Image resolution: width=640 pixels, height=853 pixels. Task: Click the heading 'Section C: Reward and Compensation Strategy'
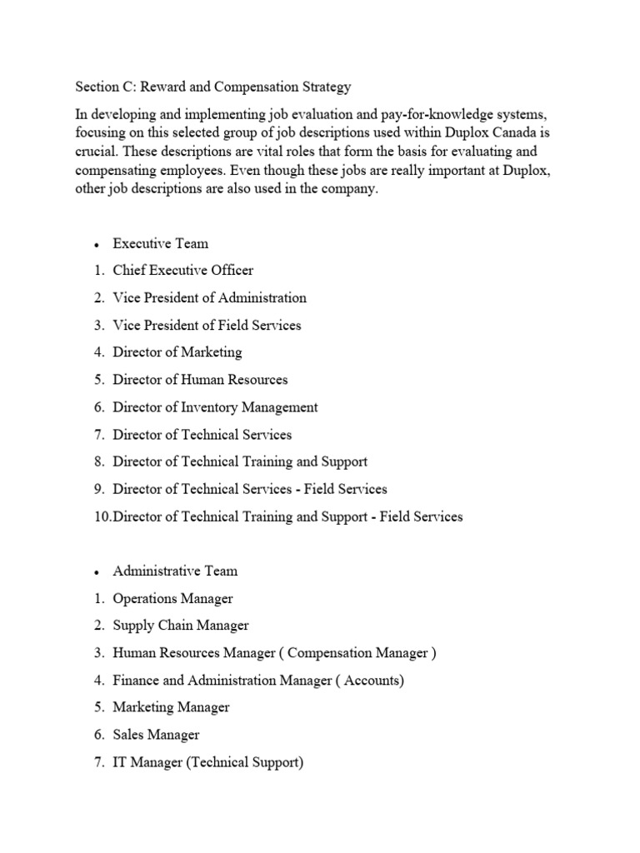(213, 87)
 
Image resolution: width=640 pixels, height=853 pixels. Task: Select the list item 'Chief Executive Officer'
(183, 270)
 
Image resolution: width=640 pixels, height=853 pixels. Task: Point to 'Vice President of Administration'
(209, 297)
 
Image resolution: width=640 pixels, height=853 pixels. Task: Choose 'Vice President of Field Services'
(207, 325)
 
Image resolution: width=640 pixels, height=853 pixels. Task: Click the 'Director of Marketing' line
(177, 352)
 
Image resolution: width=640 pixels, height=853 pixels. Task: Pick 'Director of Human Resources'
(200, 380)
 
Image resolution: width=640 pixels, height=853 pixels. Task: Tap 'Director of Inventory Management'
(215, 407)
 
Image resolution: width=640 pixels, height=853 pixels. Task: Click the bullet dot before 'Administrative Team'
(97, 572)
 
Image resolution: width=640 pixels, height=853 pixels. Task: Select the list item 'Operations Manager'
(172, 598)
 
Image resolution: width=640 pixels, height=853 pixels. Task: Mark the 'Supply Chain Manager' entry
(181, 626)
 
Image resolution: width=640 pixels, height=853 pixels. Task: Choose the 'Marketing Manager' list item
(171, 707)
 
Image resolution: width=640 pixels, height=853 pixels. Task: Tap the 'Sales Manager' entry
(156, 735)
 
